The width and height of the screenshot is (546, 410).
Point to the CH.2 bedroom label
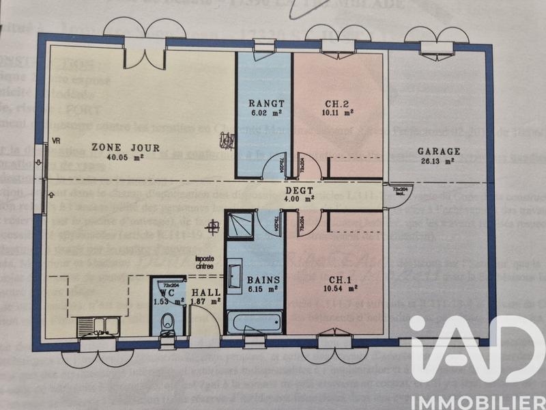click(339, 105)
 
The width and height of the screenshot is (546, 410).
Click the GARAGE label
click(439, 152)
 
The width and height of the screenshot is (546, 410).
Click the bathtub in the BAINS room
click(255, 321)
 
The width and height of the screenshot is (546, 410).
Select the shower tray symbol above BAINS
click(239, 224)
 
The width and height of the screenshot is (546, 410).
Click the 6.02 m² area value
click(265, 115)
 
